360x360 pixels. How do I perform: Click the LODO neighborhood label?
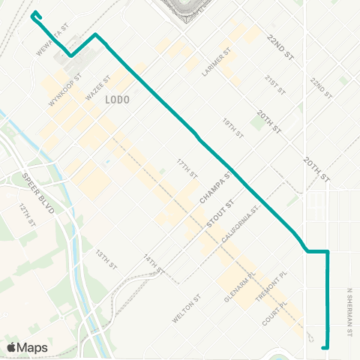point(118,100)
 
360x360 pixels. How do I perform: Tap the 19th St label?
point(232,127)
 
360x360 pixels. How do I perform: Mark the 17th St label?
point(187,169)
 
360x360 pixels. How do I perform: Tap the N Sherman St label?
point(349,311)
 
